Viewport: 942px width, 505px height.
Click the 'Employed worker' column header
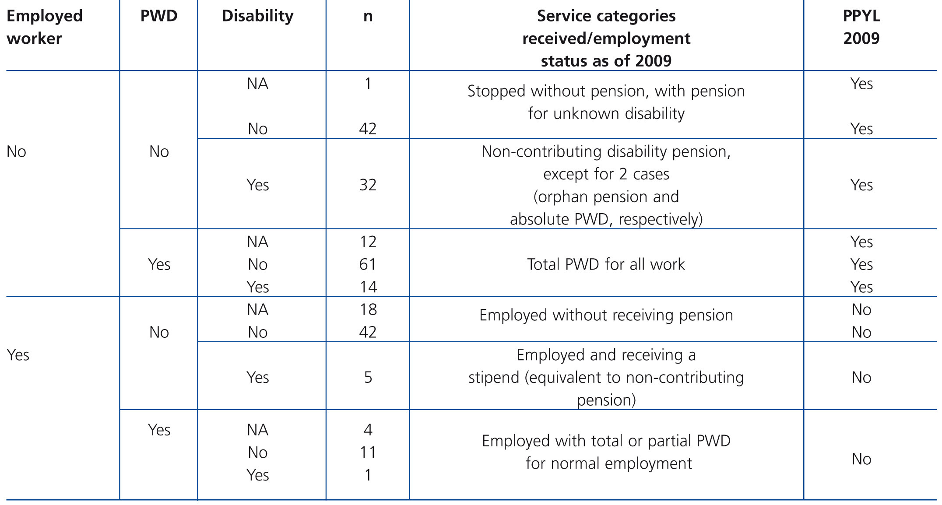pos(45,27)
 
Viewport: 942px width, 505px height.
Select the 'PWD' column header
pos(159,16)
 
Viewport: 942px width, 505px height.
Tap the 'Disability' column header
pos(257,16)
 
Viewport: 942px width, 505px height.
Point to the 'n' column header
pos(368,16)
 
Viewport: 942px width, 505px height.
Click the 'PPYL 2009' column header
pos(861,27)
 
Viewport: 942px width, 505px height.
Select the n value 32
pos(368,185)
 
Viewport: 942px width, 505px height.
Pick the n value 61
pos(368,264)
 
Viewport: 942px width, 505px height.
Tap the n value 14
pos(368,287)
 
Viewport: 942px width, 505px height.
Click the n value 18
pos(368,310)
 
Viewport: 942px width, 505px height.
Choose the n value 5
pos(368,377)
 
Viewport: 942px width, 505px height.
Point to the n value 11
pos(368,452)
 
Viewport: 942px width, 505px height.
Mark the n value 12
pos(368,242)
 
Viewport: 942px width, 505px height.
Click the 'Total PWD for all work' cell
pos(606,264)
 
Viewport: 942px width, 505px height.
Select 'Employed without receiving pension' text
pos(606,315)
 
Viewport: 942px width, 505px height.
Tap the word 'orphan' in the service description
pos(564,197)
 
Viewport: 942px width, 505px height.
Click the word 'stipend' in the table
pos(494,377)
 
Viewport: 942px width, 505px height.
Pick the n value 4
pos(368,430)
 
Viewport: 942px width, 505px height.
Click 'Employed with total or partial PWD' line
pos(606,441)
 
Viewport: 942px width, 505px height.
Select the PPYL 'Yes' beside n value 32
pos(861,185)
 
